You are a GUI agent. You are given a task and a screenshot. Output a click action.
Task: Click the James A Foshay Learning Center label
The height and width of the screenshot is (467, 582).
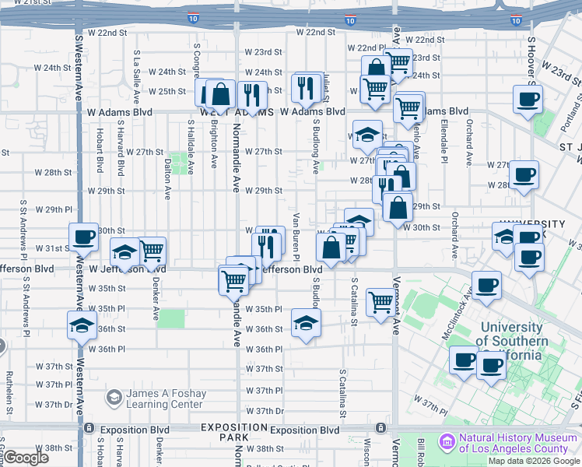coord(165,398)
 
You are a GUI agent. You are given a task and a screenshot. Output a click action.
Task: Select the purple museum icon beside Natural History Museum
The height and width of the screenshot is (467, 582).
coord(447,441)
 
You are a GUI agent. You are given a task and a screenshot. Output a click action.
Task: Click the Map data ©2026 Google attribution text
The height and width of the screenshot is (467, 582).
coord(534,461)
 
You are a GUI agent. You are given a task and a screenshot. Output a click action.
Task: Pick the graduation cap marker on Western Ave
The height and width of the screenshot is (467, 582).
coord(81,325)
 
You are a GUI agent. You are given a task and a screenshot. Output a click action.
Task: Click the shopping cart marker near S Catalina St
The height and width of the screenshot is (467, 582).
coord(381,300)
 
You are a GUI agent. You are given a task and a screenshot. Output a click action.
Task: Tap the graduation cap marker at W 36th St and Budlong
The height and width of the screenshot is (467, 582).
coord(307,322)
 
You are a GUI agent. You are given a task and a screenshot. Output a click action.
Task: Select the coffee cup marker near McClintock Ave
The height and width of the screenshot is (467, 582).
coord(487,285)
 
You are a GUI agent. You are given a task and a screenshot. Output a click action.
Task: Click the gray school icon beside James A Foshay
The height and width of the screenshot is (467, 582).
coord(113,398)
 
